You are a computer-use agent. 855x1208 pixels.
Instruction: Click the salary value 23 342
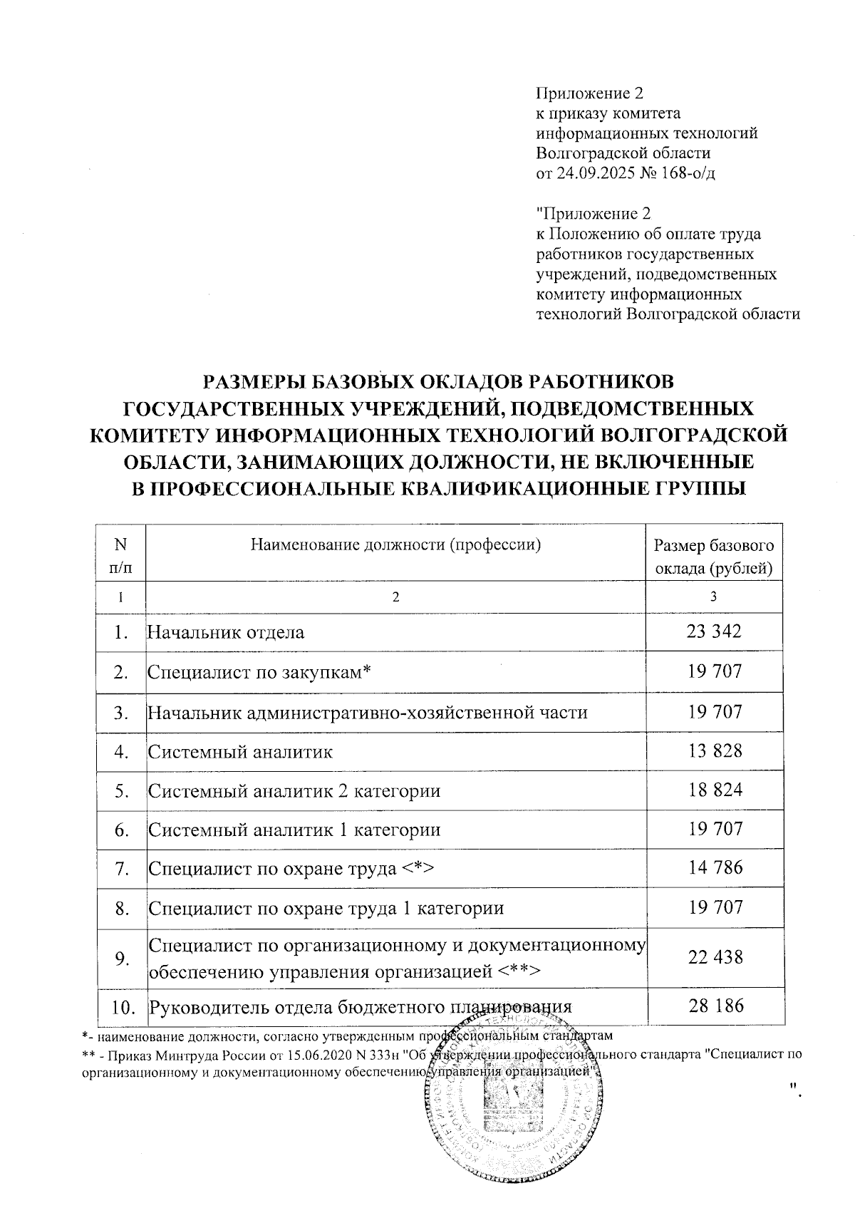tap(715, 631)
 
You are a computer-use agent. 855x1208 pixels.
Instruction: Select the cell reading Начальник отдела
tap(226, 632)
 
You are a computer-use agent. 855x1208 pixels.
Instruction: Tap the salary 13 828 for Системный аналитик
tap(715, 750)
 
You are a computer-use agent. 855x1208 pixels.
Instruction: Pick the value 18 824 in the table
tap(715, 790)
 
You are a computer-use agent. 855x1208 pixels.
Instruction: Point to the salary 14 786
tap(715, 868)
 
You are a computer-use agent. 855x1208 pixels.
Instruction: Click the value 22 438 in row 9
tap(715, 957)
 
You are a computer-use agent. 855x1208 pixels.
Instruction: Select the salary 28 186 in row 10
tap(715, 1006)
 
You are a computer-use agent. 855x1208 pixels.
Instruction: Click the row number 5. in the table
tap(121, 791)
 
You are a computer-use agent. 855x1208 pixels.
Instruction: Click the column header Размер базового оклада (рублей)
tap(714, 557)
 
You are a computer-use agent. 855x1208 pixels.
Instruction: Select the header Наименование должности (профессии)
tap(395, 546)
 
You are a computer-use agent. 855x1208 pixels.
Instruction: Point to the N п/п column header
tap(120, 557)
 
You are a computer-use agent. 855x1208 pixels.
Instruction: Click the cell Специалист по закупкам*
tap(261, 672)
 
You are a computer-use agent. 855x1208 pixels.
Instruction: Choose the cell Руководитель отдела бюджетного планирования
tap(360, 1007)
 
